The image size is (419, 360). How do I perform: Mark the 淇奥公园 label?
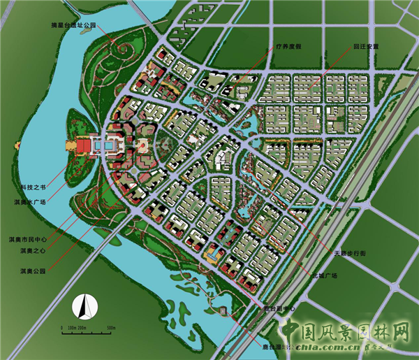click(33, 270)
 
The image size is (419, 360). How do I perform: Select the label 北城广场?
click(325, 276)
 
